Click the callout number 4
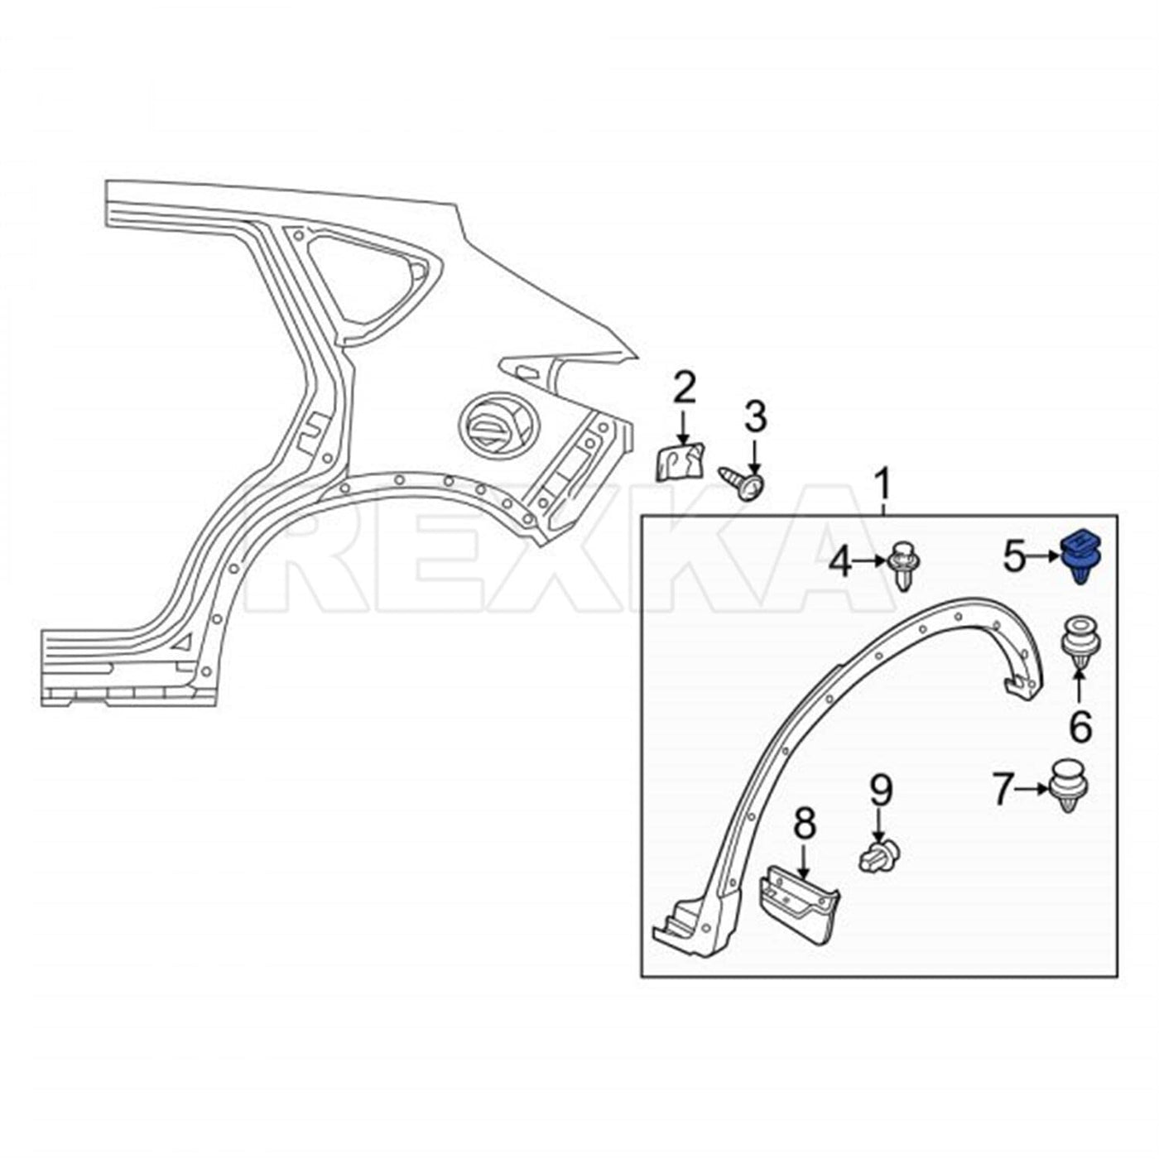841,564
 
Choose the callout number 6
1080,728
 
